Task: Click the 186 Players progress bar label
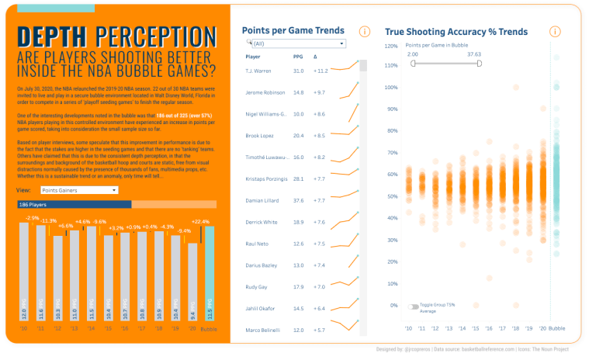coord(33,205)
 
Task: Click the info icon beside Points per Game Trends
coord(365,32)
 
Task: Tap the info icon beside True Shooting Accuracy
coord(555,32)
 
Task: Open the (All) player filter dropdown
coord(296,44)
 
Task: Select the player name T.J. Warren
coord(258,71)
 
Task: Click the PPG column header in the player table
coord(298,57)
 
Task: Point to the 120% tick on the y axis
coord(392,46)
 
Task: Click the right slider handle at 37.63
coord(480,64)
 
